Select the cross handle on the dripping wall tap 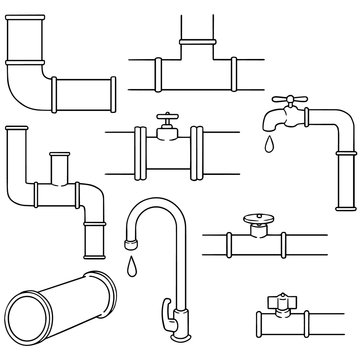point(282,103)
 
